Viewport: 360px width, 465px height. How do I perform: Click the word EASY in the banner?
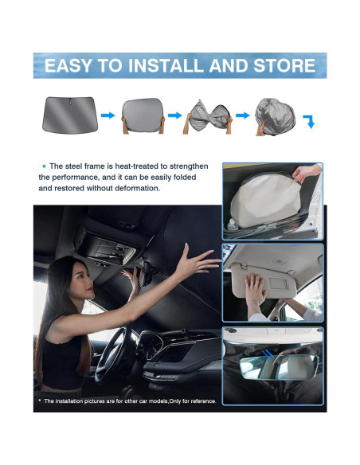point(68,65)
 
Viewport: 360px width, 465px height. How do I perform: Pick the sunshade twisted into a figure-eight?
point(208,118)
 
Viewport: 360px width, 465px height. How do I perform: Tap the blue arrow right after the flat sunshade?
point(108,116)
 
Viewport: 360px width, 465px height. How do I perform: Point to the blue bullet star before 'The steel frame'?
point(44,166)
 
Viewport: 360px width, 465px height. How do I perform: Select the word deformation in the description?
point(136,189)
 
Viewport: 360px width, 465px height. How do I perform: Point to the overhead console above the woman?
point(103,243)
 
